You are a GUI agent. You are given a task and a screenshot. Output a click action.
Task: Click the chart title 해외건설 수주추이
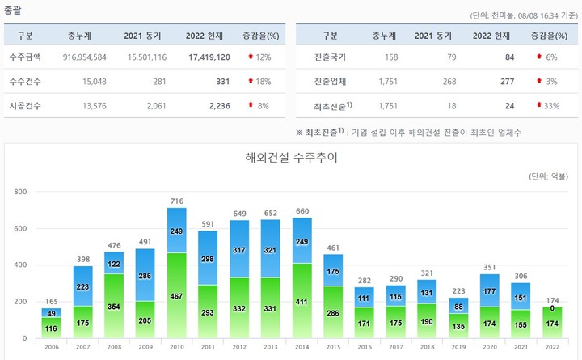pos(291,157)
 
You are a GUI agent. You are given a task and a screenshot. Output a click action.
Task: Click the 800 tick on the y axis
pos(20,192)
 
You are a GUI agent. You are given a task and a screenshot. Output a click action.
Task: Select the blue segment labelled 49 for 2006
pos(52,313)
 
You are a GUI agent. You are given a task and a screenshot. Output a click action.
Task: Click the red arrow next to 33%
pos(538,105)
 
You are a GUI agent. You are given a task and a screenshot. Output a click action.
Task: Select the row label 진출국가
pos(331,58)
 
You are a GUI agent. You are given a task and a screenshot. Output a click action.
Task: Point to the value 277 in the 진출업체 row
pos(508,82)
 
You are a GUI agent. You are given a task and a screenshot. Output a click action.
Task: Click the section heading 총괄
pos(14,11)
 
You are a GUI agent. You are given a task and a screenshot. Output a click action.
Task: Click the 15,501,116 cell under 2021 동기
pos(145,58)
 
